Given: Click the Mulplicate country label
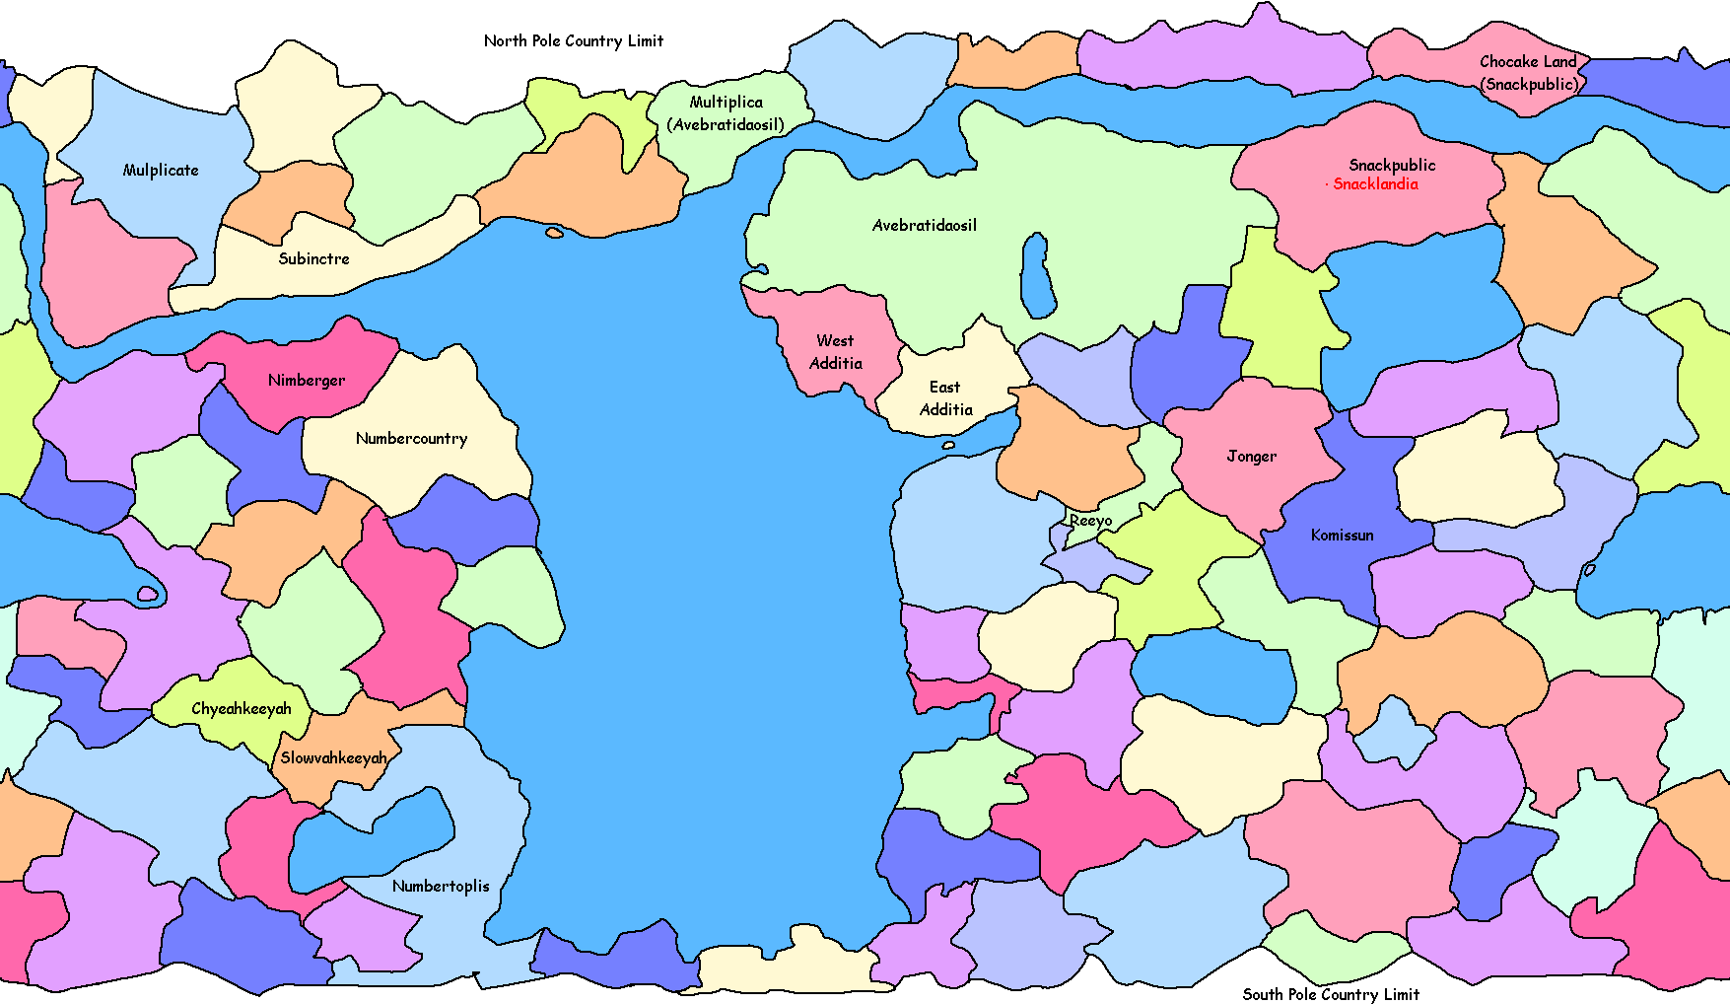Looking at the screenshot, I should pyautogui.click(x=161, y=170).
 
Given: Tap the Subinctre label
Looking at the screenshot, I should pyautogui.click(x=313, y=258).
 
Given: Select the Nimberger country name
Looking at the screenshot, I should pyautogui.click(x=307, y=380).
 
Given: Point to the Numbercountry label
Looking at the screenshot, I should pyautogui.click(x=411, y=438).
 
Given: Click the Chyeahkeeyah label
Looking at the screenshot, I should pyautogui.click(x=242, y=708).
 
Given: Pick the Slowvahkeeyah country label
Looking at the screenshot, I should pyautogui.click(x=333, y=757).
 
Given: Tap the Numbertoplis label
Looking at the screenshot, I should pyautogui.click(x=441, y=886).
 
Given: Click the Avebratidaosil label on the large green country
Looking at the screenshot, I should pyautogui.click(x=925, y=225).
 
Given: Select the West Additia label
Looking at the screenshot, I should pyautogui.click(x=836, y=352).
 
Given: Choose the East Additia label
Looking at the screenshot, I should pyautogui.click(x=945, y=398).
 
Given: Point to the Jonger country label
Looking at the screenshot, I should pyautogui.click(x=1251, y=456).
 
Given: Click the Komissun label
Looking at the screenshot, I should pyautogui.click(x=1342, y=535).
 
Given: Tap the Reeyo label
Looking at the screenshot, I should pyautogui.click(x=1090, y=520).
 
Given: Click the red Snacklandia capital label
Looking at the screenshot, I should pyautogui.click(x=1375, y=184).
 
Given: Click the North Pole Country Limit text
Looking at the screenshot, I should pyautogui.click(x=574, y=40).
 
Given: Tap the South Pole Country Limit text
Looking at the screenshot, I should pyautogui.click(x=1331, y=994).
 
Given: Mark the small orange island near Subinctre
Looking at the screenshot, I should pyautogui.click(x=554, y=233).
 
